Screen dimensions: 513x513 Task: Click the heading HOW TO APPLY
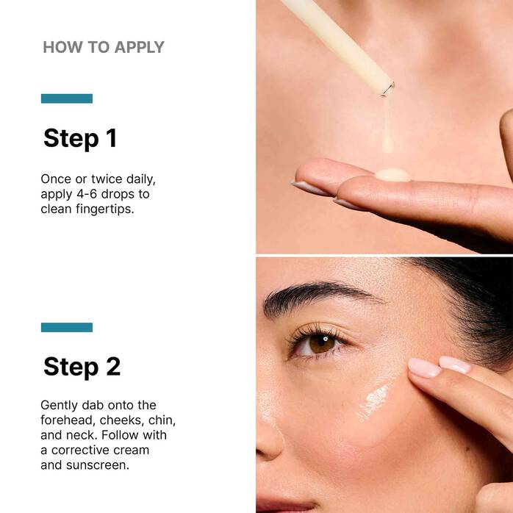[103, 48]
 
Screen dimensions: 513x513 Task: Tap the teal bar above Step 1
[67, 98]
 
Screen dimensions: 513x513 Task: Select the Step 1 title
[80, 138]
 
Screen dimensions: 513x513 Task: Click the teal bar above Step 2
[67, 327]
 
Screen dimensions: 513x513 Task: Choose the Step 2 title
[82, 367]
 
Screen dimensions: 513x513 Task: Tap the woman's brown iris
[322, 342]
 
